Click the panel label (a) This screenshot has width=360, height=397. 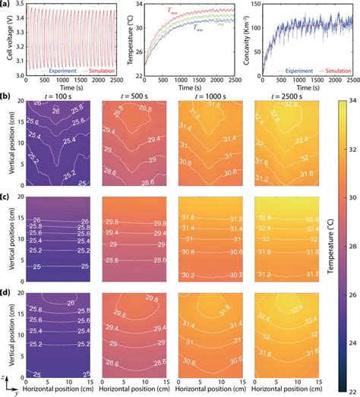[x=7, y=5]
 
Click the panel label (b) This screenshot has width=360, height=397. [x=7, y=97]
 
